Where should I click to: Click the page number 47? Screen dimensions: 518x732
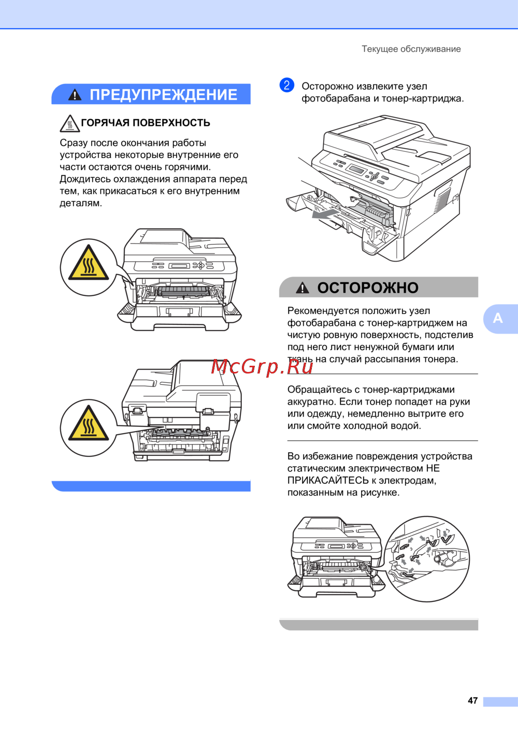pyautogui.click(x=472, y=700)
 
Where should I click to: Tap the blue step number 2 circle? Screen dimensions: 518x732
pyautogui.click(x=286, y=85)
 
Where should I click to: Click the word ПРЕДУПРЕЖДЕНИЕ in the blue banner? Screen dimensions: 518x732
pyautogui.click(x=163, y=95)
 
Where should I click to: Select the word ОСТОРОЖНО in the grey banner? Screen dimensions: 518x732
pyautogui.click(x=368, y=288)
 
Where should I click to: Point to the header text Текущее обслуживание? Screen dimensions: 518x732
pyautogui.click(x=411, y=49)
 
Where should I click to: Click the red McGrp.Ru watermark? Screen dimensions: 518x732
pyautogui.click(x=262, y=367)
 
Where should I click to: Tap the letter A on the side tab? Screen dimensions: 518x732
pyautogui.click(x=497, y=318)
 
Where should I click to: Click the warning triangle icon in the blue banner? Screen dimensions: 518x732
pyautogui.click(x=75, y=95)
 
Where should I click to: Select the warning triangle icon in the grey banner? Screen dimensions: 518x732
pyautogui.click(x=303, y=288)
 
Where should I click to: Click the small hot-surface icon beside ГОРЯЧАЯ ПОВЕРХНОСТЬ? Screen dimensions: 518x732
pyautogui.click(x=69, y=123)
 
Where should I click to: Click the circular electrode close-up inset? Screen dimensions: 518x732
pyautogui.click(x=427, y=559)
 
